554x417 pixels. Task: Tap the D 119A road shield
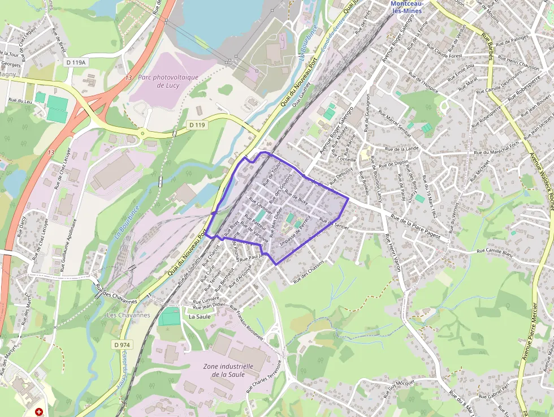tap(75, 62)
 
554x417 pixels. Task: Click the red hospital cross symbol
tap(39, 412)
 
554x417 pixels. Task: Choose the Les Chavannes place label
tap(128, 315)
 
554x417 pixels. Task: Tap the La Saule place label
tap(200, 316)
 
